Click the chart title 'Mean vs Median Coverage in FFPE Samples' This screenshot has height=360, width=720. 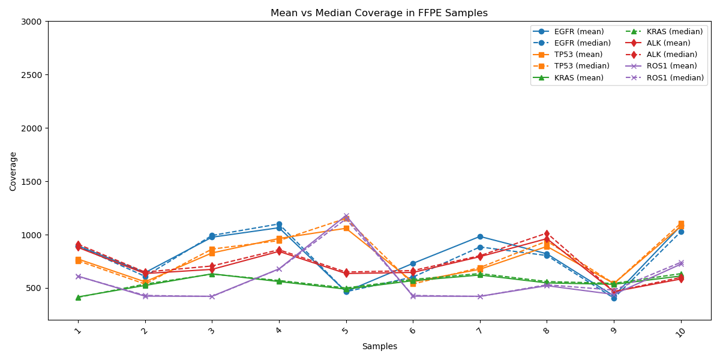379,13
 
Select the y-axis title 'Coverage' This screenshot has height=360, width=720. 13,171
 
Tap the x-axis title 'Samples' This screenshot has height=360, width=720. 379,346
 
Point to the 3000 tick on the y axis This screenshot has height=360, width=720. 34,22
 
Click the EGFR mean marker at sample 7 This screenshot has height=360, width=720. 480,236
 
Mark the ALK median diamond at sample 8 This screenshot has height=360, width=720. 547,233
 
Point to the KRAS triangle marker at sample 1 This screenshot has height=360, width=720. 78,297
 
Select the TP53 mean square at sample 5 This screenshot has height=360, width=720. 346,228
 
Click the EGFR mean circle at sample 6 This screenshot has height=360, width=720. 413,263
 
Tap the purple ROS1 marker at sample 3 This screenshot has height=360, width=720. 212,296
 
